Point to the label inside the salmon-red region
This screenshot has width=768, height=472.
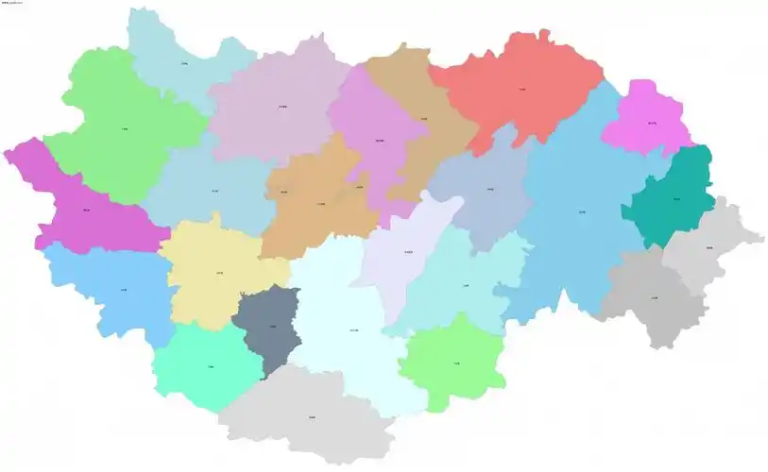tap(522, 90)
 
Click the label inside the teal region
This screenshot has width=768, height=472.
tap(676, 199)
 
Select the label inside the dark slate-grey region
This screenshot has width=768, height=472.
tap(273, 327)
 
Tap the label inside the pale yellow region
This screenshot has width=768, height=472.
tap(219, 274)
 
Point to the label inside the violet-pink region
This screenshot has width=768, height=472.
tap(652, 124)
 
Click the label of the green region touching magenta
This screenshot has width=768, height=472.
tap(125, 127)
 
